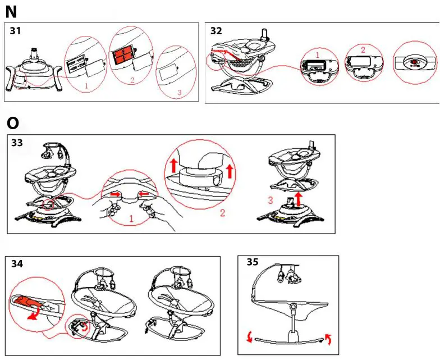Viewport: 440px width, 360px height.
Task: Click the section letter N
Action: coord(11,12)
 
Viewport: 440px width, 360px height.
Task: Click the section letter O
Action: coord(12,123)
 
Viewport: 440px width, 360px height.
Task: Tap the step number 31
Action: coord(16,30)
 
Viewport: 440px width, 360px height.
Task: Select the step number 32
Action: coord(216,30)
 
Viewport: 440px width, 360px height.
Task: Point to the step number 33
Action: coord(17,143)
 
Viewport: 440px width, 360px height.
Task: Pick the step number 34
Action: coord(17,264)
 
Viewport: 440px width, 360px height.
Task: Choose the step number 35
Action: coord(253,262)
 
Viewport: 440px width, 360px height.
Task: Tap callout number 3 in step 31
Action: coord(180,92)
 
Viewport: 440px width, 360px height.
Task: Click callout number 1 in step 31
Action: coord(86,85)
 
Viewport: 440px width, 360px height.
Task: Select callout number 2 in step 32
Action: coord(363,50)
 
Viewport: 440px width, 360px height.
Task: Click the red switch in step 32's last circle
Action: coord(414,62)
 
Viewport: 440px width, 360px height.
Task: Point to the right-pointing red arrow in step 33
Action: coord(116,194)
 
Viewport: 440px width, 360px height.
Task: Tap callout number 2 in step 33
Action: coord(222,212)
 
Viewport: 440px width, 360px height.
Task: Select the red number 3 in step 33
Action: coord(271,200)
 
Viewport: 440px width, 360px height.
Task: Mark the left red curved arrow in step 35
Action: coord(249,337)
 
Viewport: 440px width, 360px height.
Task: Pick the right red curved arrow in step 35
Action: coord(328,339)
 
